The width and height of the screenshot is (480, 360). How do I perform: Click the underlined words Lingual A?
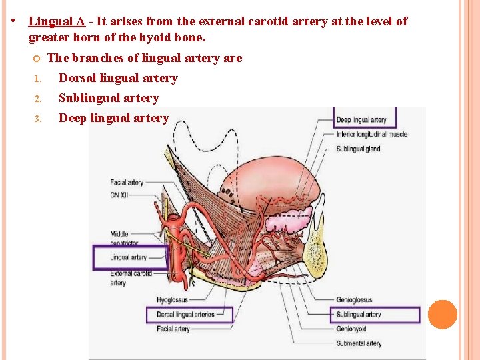57,21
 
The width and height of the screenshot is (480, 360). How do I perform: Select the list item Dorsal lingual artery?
118,78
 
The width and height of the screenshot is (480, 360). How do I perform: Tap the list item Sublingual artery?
109,98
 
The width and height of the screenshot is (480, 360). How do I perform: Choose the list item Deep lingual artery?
113,118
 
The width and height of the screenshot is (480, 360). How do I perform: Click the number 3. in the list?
38,119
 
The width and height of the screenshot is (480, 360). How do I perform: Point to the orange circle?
443,315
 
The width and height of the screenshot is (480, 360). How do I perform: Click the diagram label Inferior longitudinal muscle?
371,135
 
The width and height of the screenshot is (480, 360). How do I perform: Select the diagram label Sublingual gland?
358,149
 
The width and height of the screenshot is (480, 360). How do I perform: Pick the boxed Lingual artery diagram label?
129,257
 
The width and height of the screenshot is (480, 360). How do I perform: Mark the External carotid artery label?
131,277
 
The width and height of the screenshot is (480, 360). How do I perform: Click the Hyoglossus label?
173,301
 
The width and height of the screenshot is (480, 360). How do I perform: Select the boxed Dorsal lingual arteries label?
185,315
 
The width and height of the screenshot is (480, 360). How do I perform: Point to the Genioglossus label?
354,301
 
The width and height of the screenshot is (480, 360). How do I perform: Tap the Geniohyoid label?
352,329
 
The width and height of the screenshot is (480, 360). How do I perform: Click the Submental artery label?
359,344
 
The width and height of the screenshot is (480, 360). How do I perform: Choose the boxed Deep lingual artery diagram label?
361,120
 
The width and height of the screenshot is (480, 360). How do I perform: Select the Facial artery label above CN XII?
127,182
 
